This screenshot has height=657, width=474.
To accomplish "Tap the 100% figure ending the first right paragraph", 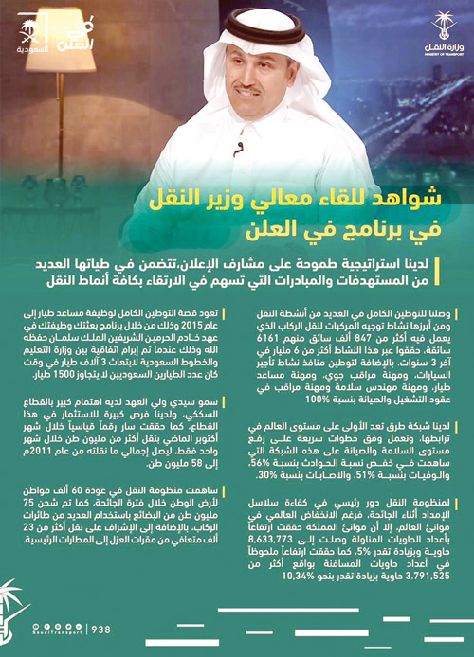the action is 269,412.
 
